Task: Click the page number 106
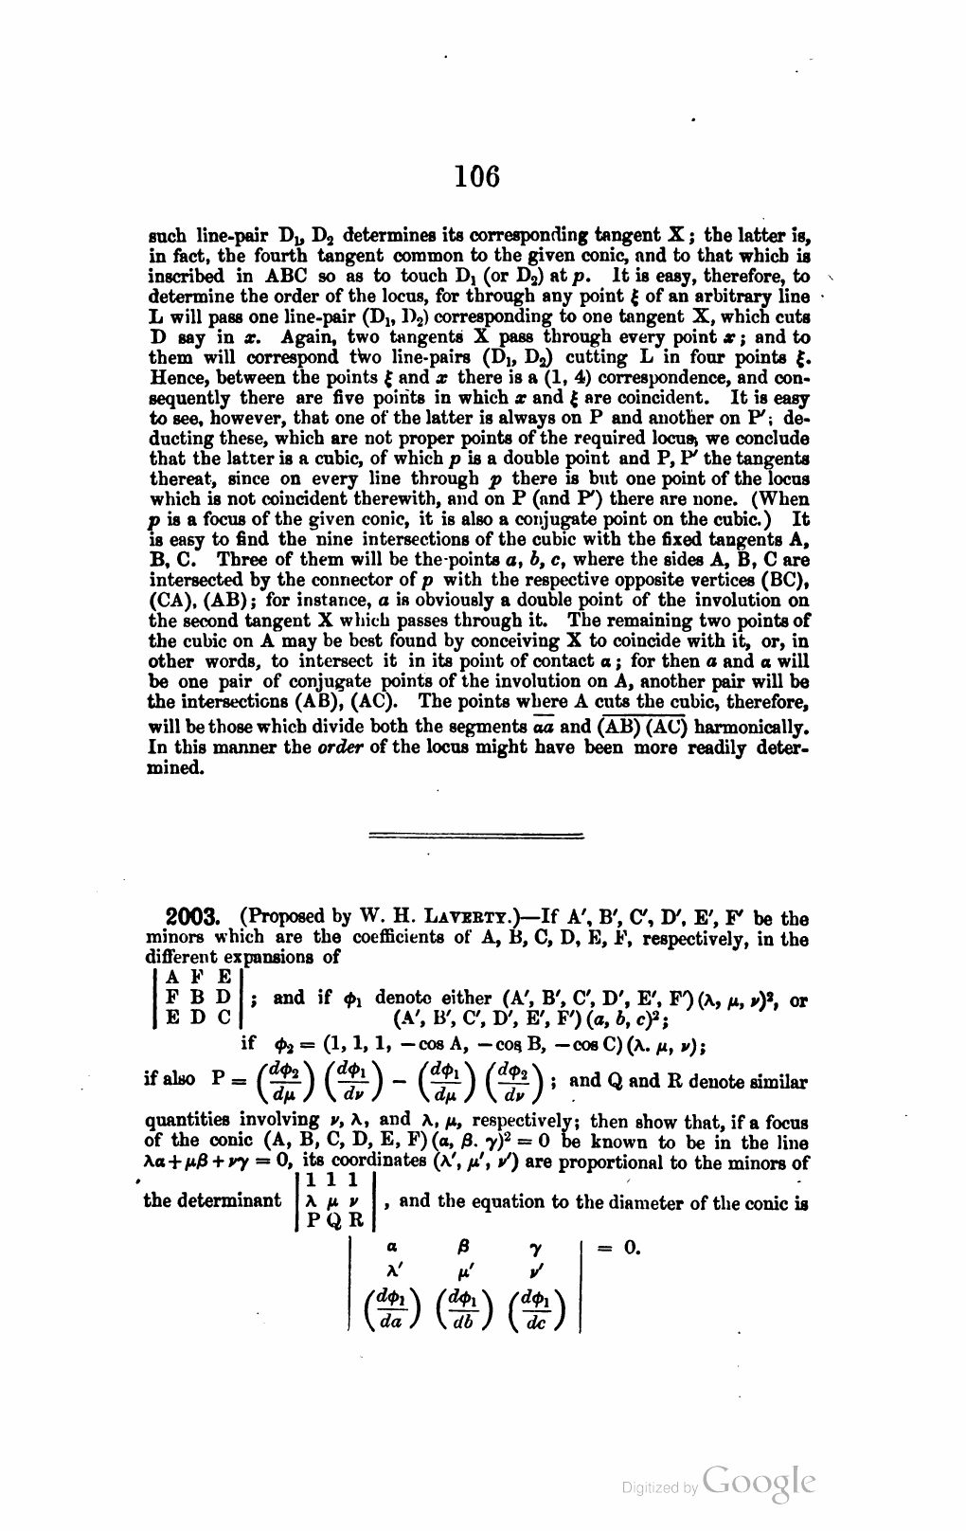coord(476,177)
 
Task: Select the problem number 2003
coord(194,918)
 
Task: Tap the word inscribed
coord(187,277)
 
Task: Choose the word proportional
coord(663,1162)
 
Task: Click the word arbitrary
coord(723,297)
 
